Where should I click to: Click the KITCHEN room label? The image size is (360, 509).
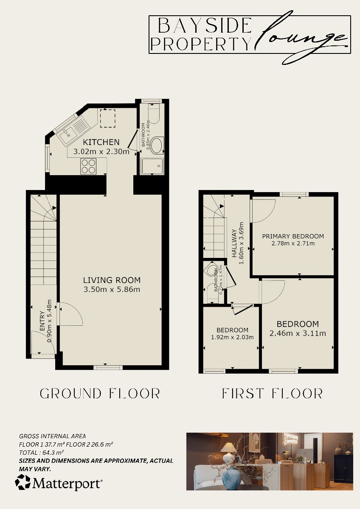[101, 142]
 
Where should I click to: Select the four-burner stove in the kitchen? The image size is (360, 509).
[89, 166]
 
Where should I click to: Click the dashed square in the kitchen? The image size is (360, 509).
[107, 118]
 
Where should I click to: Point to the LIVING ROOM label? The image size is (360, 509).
[112, 280]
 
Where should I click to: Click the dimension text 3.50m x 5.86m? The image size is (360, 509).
[112, 290]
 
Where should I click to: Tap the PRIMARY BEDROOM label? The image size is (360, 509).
[293, 236]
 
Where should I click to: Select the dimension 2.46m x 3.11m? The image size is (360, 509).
[298, 333]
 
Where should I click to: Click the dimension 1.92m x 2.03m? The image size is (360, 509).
[232, 337]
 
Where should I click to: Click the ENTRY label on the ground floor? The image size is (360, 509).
[42, 323]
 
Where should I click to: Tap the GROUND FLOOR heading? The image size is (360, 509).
[100, 394]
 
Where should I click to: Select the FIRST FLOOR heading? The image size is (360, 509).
[272, 394]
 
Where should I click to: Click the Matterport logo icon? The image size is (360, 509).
[23, 482]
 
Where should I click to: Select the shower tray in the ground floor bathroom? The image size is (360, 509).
[152, 166]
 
